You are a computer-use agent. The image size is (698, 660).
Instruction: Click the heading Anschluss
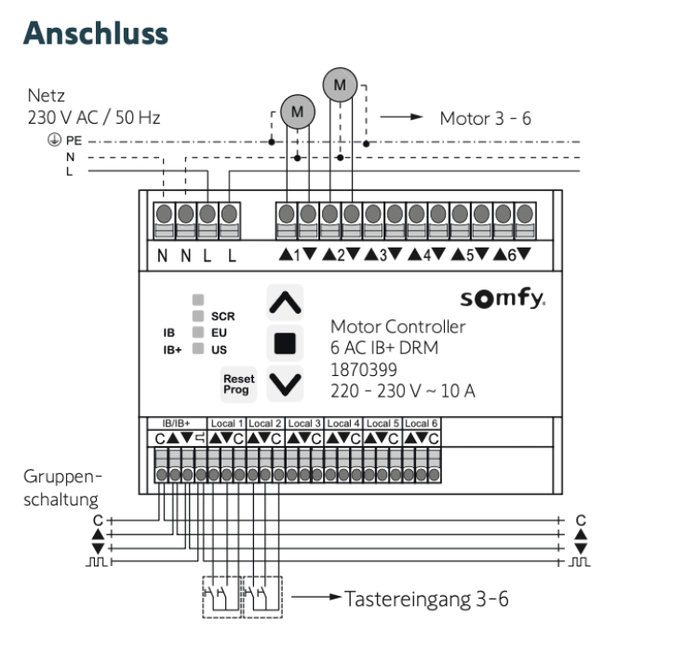pos(97,33)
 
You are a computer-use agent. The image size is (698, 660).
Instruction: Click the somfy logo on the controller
pos(503,301)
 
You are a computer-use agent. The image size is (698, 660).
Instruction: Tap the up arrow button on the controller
pos(285,301)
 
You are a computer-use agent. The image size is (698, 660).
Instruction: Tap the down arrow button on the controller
pos(285,383)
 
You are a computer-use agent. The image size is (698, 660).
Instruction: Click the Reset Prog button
pos(236,384)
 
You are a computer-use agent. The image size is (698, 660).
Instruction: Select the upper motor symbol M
pos(340,86)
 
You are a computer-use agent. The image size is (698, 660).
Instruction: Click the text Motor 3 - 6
pos(485,119)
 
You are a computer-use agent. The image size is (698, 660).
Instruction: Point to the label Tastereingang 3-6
pos(426,599)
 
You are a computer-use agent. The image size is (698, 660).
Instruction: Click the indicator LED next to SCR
pos(197,316)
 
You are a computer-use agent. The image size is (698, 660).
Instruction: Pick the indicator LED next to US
pos(197,349)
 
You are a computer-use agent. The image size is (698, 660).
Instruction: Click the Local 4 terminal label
pos(344,424)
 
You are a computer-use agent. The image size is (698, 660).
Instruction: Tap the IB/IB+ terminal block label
pos(175,424)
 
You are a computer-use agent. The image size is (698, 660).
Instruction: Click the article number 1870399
pos(361,369)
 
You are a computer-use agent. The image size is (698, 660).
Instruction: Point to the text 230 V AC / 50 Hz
pos(94,118)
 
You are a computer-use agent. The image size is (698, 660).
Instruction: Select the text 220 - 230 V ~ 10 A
pos(402,390)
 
